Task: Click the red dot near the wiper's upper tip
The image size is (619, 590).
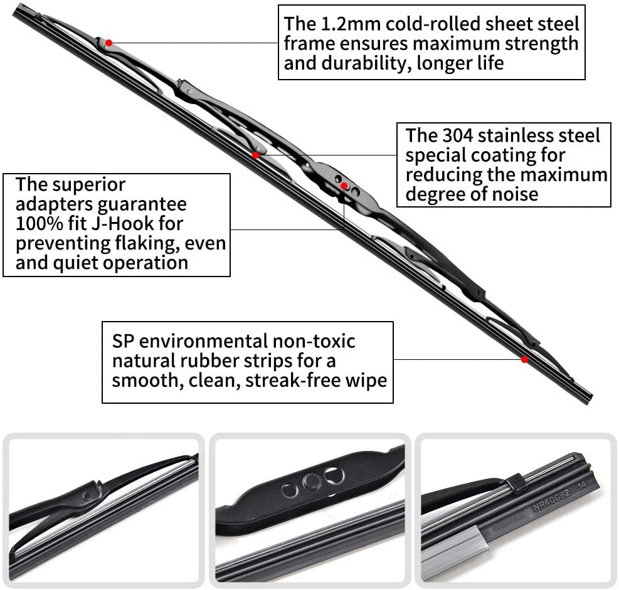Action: tap(108, 43)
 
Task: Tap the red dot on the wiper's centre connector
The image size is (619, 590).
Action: tap(344, 186)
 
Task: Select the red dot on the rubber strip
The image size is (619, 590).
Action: tap(524, 359)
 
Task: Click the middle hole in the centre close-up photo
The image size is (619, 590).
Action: tap(311, 482)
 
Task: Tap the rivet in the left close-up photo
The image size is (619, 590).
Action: tap(87, 495)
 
